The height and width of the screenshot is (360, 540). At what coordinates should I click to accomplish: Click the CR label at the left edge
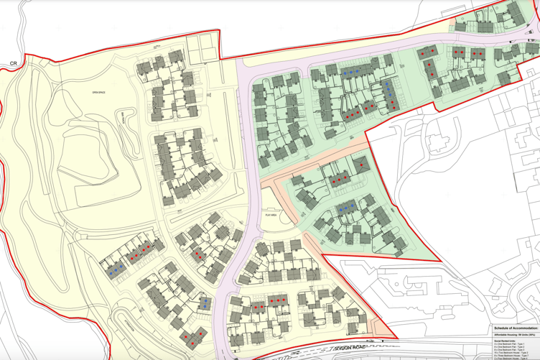(x=12, y=64)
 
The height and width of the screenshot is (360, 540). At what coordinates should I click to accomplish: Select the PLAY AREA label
(x=271, y=214)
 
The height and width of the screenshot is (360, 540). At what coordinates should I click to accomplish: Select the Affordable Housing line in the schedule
(x=507, y=335)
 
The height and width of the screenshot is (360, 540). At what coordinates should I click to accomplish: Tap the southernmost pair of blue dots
(x=204, y=305)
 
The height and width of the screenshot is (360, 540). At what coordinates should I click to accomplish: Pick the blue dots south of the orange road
(x=347, y=208)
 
